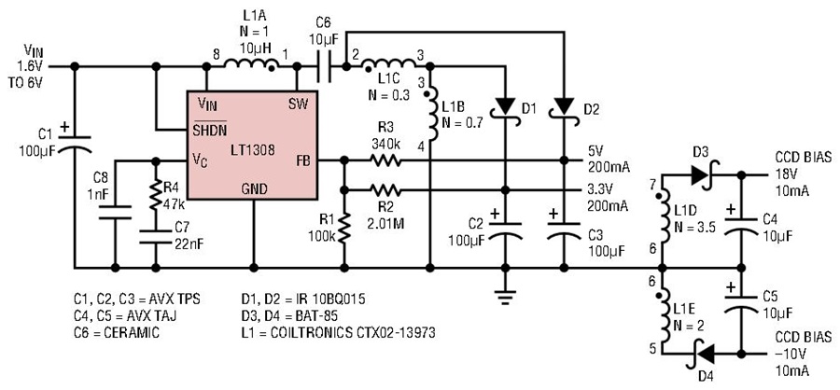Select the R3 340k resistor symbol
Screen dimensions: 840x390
pos(384,160)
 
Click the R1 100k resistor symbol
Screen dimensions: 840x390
pos(343,228)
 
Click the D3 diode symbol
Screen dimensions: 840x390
pos(703,174)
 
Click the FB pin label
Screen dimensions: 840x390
pos(301,160)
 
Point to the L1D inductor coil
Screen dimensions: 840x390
pos(664,216)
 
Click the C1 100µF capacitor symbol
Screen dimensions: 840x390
pos(75,143)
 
